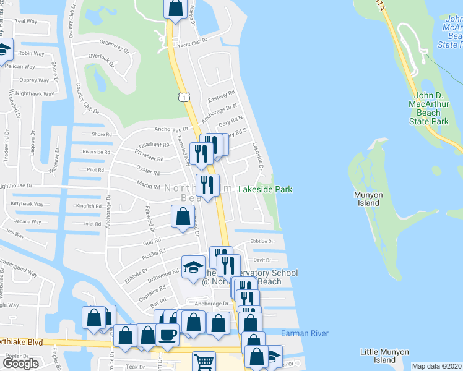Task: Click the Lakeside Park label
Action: coord(265,190)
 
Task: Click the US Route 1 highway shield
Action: coord(183,98)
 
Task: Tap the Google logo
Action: coord(20,364)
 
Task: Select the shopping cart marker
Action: coord(203,361)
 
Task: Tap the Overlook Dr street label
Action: coord(101,59)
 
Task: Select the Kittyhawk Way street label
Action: coord(27,203)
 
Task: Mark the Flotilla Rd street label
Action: coord(154,252)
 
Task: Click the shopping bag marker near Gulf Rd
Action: coord(183,218)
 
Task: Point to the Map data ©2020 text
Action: coord(436,366)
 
